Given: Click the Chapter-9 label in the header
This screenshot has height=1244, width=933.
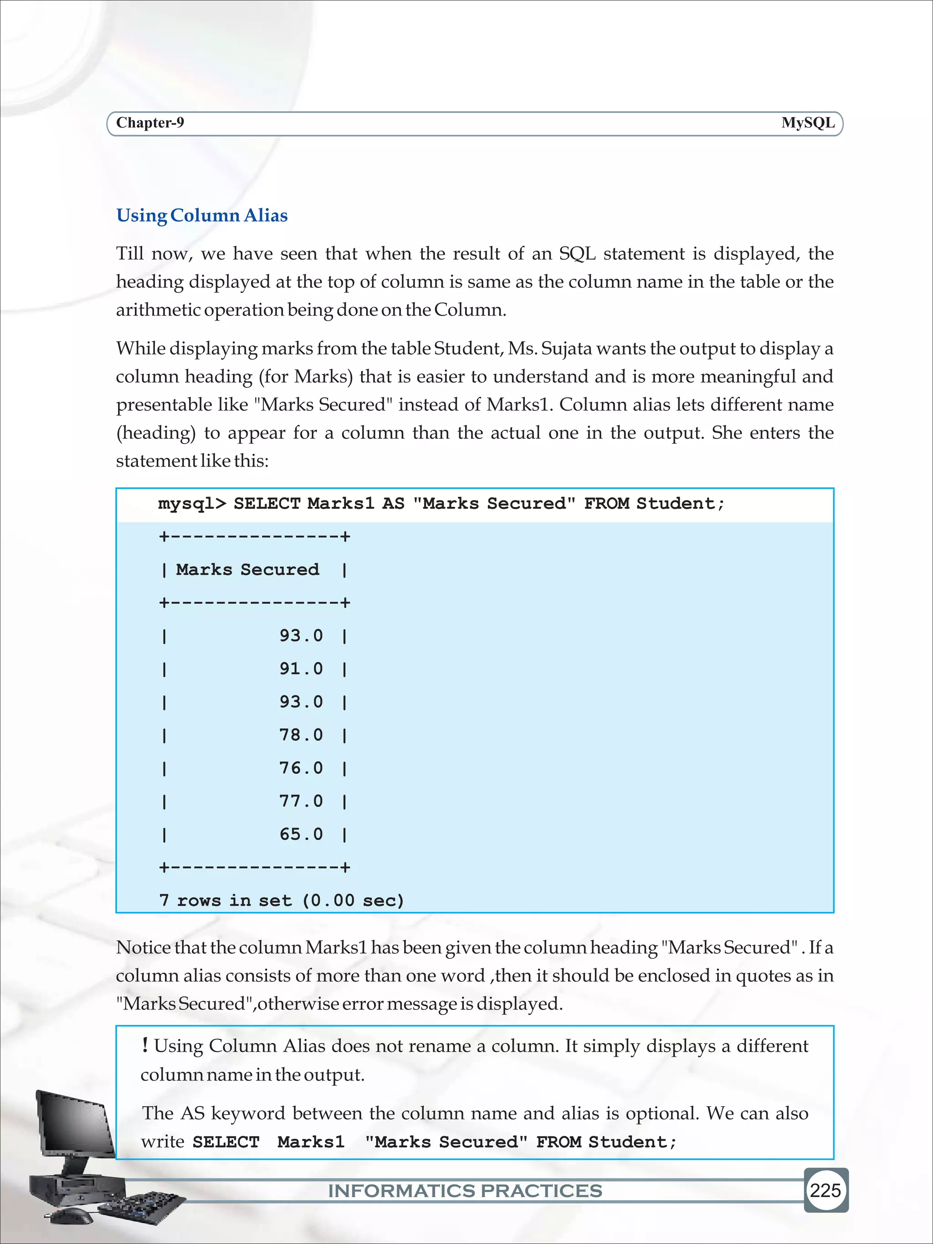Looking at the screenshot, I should click(x=149, y=123).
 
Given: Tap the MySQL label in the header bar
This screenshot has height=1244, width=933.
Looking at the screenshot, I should click(x=808, y=123).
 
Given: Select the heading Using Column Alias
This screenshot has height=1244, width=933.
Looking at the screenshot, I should click(x=202, y=215).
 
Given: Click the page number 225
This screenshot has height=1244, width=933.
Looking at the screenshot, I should click(x=825, y=1190).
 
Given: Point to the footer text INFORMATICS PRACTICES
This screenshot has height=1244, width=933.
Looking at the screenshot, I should click(x=465, y=1191).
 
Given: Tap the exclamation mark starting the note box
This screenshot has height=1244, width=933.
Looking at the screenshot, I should click(x=145, y=1045).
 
